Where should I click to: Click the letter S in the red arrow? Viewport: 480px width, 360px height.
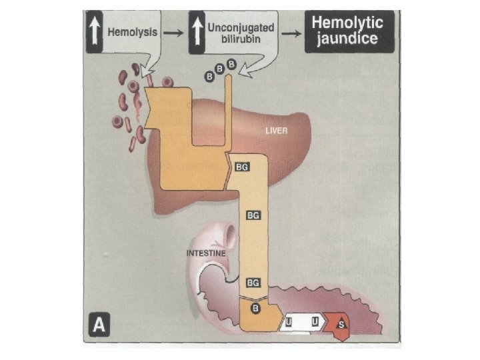pos(341,324)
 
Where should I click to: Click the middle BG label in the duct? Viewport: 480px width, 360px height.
pos(253,215)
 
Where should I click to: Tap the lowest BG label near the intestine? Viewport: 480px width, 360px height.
pos(253,284)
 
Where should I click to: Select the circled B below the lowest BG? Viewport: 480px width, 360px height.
pos(254,308)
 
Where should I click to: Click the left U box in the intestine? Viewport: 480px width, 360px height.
pos(289,323)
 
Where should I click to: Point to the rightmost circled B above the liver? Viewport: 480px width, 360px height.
pos(232,65)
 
